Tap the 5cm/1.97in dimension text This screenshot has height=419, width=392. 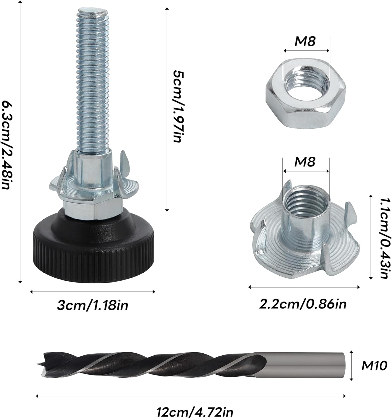click(178, 106)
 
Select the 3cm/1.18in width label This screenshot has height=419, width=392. click(92, 305)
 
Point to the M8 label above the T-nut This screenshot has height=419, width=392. click(305, 162)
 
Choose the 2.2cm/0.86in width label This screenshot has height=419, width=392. click(303, 304)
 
